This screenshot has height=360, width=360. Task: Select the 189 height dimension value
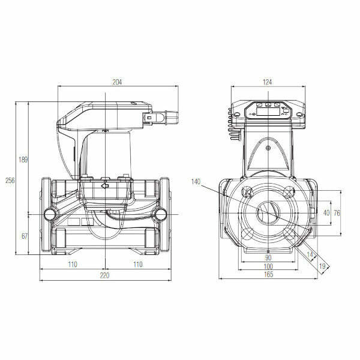pyautogui.click(x=23, y=160)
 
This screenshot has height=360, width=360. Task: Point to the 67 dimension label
pyautogui.click(x=25, y=236)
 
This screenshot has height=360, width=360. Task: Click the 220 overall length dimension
pyautogui.click(x=104, y=275)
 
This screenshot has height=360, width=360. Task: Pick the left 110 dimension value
pyautogui.click(x=72, y=264)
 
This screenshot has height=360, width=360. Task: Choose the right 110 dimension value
pyautogui.click(x=137, y=264)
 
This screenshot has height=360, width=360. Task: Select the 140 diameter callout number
pyautogui.click(x=196, y=181)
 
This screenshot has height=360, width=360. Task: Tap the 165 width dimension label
pyautogui.click(x=268, y=275)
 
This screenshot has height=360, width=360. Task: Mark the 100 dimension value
pyautogui.click(x=268, y=266)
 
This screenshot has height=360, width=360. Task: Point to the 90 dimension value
pyautogui.click(x=268, y=257)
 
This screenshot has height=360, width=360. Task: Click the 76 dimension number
pyautogui.click(x=337, y=213)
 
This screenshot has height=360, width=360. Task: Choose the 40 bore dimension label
pyautogui.click(x=326, y=213)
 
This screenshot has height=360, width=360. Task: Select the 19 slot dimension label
pyautogui.click(x=323, y=266)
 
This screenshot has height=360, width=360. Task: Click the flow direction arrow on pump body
pyautogui.click(x=106, y=187)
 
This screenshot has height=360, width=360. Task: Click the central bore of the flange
pyautogui.click(x=268, y=212)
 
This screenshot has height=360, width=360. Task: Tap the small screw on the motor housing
pyautogui.click(x=268, y=148)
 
